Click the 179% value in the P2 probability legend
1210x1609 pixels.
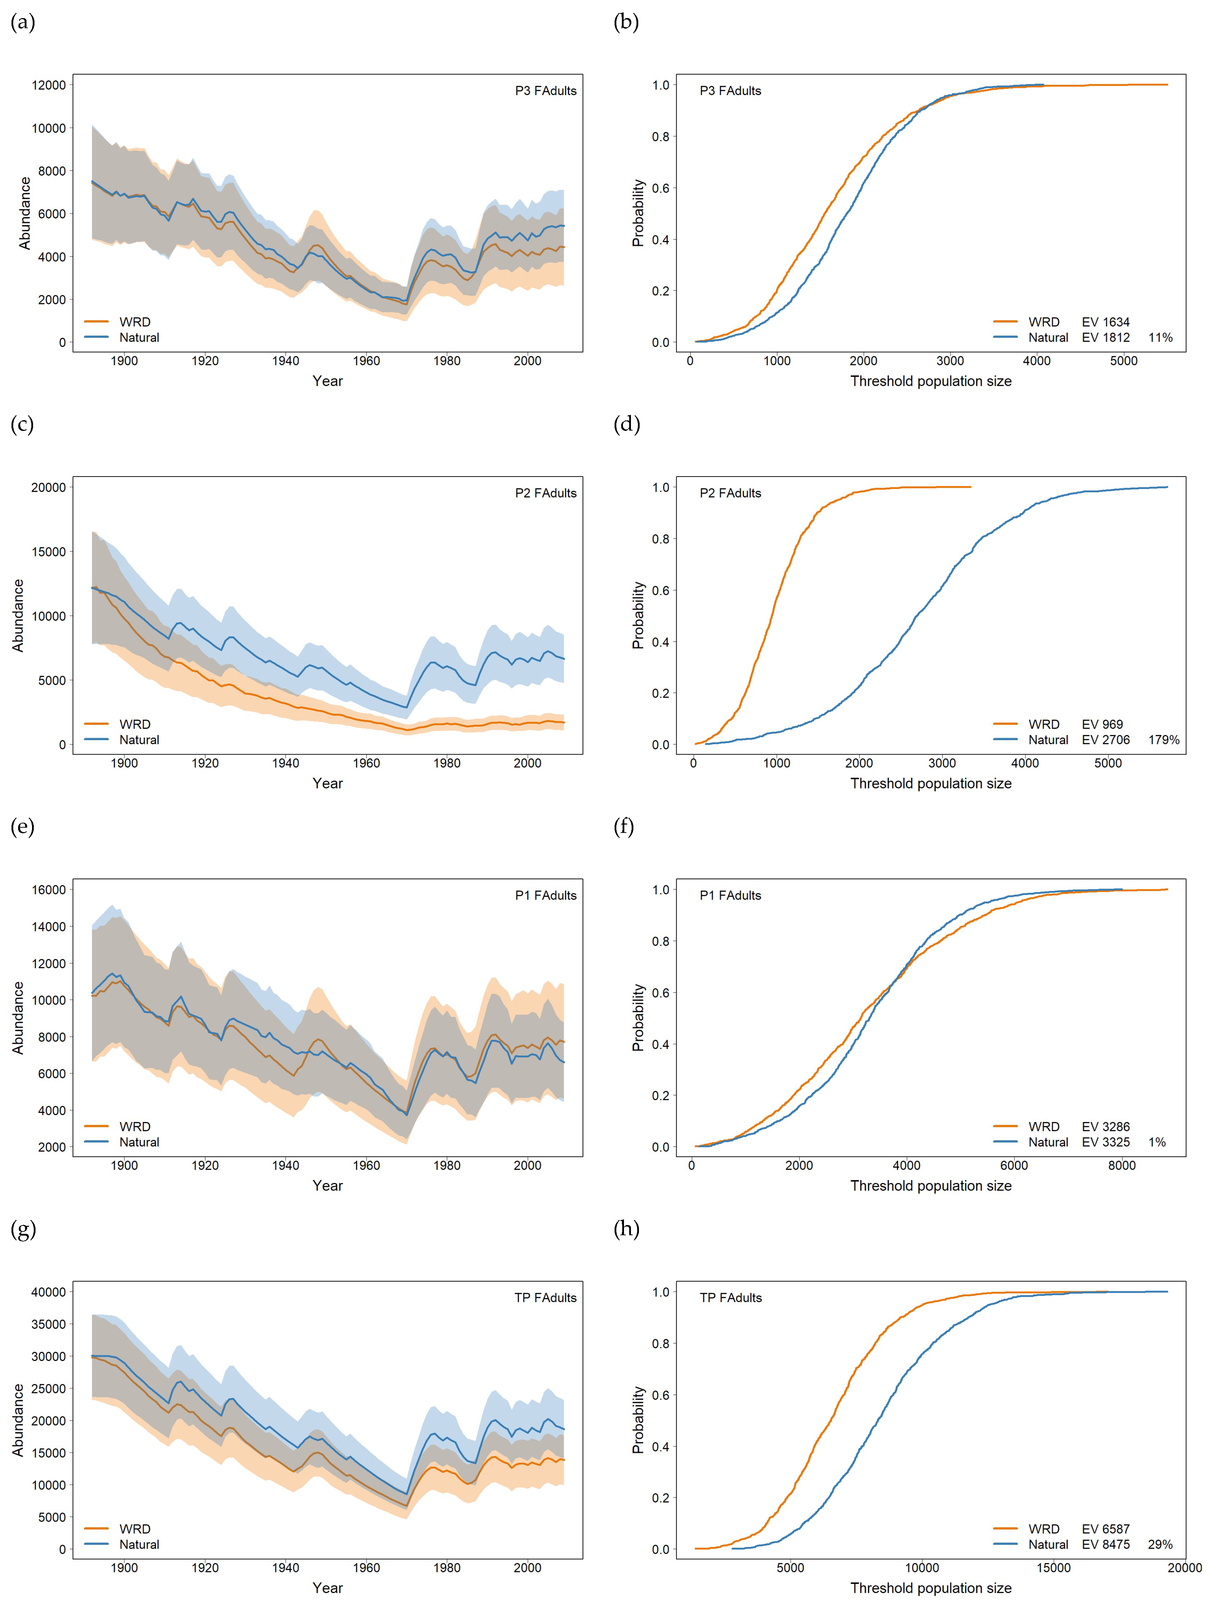click(1163, 740)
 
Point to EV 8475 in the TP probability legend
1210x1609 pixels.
click(1105, 1544)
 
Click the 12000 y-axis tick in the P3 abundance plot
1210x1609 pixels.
click(49, 85)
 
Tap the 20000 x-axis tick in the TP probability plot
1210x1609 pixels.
click(1184, 1568)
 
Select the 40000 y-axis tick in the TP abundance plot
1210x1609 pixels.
click(49, 1292)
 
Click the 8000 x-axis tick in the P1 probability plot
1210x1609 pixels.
click(1121, 1165)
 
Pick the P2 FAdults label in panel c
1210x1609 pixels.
click(545, 493)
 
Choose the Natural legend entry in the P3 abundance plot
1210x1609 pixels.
click(139, 338)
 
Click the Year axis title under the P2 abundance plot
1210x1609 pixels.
click(327, 783)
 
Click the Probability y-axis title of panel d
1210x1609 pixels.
click(638, 616)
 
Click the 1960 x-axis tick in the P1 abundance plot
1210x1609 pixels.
click(366, 1165)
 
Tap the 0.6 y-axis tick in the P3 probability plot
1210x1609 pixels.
click(660, 188)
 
